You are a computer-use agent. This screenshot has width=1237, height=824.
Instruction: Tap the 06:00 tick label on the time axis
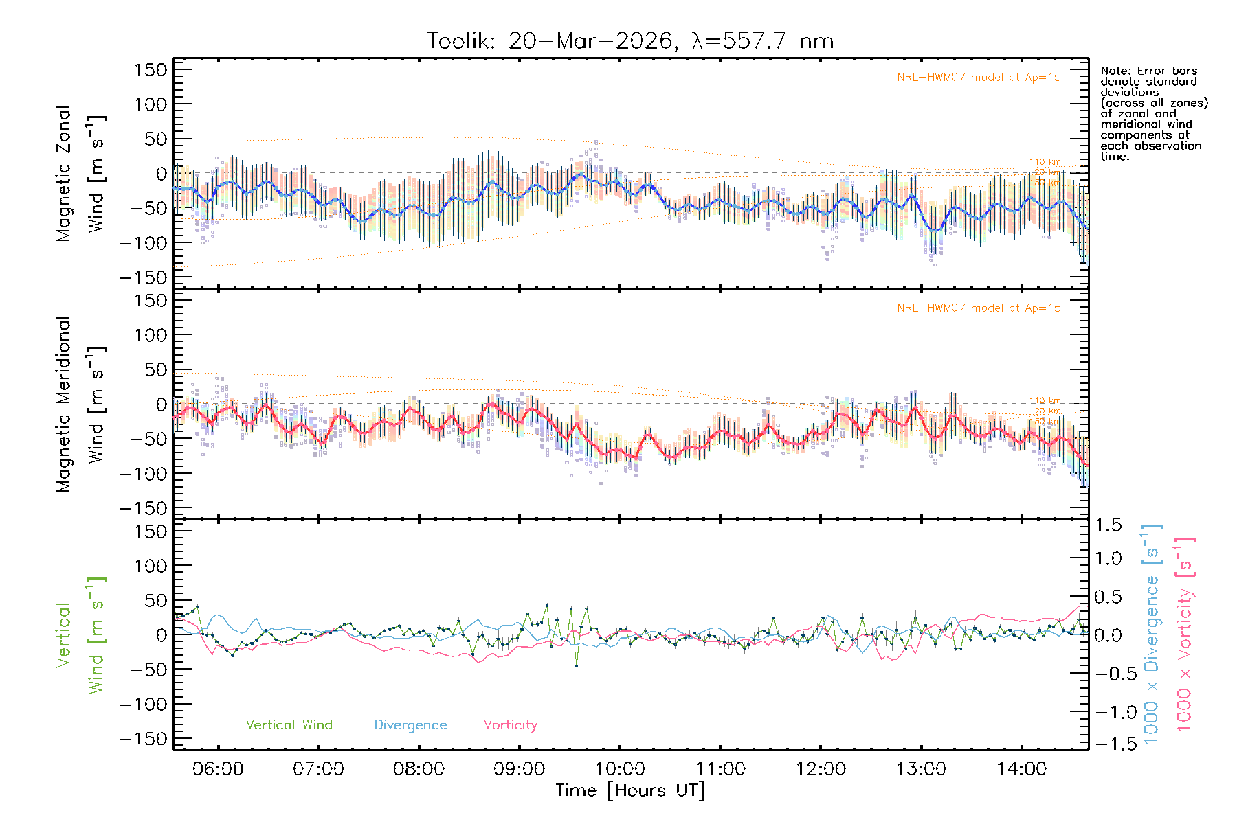click(x=219, y=769)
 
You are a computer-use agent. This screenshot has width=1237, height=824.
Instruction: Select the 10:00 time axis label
click(x=620, y=769)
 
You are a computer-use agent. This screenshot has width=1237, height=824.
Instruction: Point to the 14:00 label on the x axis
click(x=1021, y=769)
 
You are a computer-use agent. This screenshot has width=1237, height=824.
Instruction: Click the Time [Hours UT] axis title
click(x=630, y=791)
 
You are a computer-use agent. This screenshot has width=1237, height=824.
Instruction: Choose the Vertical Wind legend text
click(x=289, y=725)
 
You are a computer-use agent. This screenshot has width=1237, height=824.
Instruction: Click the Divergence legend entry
click(x=410, y=725)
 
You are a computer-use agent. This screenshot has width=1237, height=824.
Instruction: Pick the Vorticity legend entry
click(x=510, y=725)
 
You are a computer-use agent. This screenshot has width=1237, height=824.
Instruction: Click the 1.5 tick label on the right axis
click(x=1108, y=525)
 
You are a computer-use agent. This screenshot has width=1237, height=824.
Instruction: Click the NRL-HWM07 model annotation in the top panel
click(x=979, y=78)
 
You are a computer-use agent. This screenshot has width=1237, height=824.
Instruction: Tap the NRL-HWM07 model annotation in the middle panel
click(x=979, y=308)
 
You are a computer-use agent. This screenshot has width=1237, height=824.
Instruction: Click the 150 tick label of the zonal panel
click(x=151, y=69)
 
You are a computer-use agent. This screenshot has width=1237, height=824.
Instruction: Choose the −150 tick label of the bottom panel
click(x=144, y=740)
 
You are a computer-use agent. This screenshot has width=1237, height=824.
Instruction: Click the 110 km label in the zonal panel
click(x=1045, y=162)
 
